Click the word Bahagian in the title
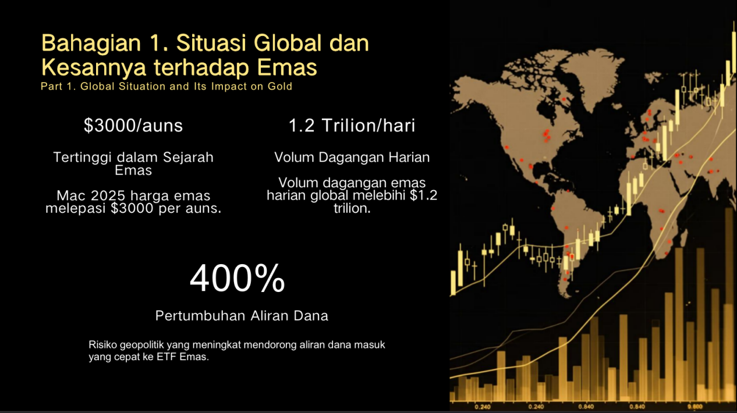[x=91, y=44]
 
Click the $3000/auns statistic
[x=133, y=125]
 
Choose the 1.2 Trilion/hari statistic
[x=352, y=125]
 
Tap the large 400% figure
[x=237, y=278]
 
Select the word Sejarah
[x=188, y=158]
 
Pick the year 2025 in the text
[x=108, y=195]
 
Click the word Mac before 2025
[x=71, y=195]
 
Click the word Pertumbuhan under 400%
[x=200, y=316]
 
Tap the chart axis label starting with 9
[x=695, y=407]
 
